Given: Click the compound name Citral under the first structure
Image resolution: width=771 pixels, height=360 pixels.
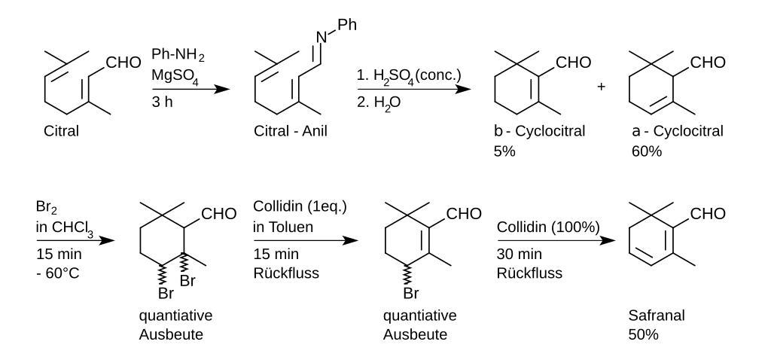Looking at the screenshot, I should (x=62, y=132).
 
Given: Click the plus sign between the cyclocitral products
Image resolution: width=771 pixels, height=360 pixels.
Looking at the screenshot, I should (x=601, y=87).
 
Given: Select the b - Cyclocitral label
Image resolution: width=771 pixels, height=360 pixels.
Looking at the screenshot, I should (x=536, y=132).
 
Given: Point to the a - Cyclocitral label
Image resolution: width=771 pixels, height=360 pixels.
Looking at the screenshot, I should (x=678, y=132).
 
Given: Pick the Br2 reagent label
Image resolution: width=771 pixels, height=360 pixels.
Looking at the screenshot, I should (x=46, y=206).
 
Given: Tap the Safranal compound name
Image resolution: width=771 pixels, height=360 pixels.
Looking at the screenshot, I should (x=656, y=316).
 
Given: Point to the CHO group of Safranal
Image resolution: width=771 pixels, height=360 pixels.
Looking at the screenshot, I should (x=708, y=214).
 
